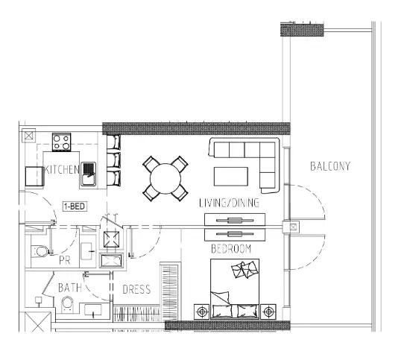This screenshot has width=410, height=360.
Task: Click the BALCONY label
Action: click(330, 166)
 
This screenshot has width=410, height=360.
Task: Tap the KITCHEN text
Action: click(62, 170)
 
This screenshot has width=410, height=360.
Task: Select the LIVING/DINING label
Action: click(229, 203)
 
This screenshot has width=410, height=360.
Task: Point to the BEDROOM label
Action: click(231, 249)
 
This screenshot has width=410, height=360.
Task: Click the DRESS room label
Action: click(136, 289)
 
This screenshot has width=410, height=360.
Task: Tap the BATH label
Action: click(70, 288)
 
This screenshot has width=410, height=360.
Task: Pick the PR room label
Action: click(65, 260)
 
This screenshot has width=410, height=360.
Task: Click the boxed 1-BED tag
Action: click(75, 206)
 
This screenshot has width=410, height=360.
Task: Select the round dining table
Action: click(165, 179)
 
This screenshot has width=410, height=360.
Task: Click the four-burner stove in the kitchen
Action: click(61, 142)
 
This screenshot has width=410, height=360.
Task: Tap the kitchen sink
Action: click(88, 174)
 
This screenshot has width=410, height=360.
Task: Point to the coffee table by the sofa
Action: click(231, 177)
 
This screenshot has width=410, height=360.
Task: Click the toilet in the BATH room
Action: click(67, 305)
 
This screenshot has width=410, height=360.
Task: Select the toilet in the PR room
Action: click(40, 251)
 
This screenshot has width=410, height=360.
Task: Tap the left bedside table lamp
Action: click(201, 312)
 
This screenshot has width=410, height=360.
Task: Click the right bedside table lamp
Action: click(268, 312)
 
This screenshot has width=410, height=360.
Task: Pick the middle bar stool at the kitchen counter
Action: click(114, 160)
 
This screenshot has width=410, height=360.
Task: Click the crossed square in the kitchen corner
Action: click(28, 136)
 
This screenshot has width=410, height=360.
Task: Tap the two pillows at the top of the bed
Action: click(245, 269)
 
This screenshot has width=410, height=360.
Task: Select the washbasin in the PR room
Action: click(86, 251)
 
